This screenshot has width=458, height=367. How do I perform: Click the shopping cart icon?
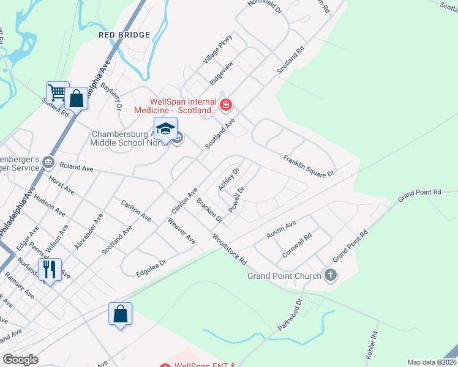(57, 93)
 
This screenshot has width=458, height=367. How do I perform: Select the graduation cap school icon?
(165, 128)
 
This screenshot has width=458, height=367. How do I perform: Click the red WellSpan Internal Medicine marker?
(226, 106)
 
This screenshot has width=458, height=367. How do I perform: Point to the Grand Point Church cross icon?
(331, 275)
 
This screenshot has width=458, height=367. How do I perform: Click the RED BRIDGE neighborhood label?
(124, 35)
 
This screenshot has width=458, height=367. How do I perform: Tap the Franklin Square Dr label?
(308, 166)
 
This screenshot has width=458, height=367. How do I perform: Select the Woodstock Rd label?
(229, 249)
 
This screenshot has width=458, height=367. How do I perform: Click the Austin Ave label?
(281, 230)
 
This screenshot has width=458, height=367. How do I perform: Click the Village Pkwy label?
(219, 48)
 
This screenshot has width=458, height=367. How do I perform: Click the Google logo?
(20, 360)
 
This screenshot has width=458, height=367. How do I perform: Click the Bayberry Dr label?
(111, 97)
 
